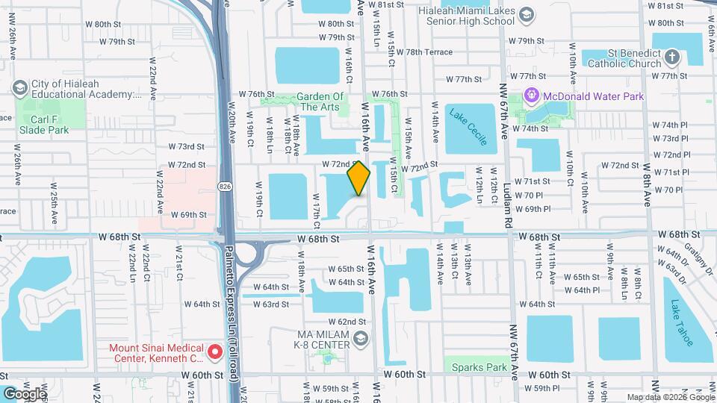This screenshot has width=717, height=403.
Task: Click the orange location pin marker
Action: (x=359, y=178)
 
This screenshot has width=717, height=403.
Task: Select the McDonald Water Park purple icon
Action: (x=532, y=95)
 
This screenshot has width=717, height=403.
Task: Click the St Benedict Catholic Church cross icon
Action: (x=672, y=57)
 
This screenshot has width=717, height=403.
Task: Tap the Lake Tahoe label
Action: (x=683, y=322)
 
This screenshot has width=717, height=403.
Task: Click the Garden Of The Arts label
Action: (x=320, y=101)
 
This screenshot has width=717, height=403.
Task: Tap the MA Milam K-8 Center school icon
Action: (x=361, y=340)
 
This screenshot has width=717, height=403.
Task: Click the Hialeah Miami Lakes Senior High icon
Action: (x=527, y=15)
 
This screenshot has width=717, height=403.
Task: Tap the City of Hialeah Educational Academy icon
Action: (x=20, y=89)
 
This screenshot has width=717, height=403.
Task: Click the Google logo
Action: (x=24, y=393)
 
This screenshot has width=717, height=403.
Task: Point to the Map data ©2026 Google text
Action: (x=669, y=397)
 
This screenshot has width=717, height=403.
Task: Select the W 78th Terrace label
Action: (x=424, y=52)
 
